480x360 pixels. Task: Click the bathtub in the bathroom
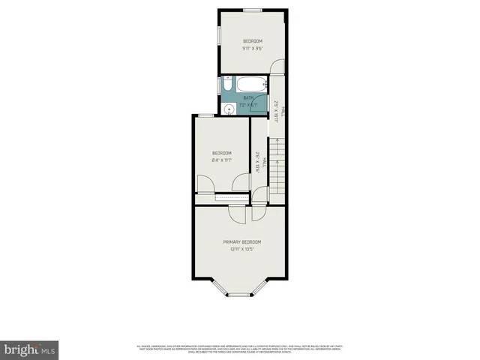tap(250, 83)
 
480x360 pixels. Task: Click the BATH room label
tap(248, 98)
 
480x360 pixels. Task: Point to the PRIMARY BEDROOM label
tap(241, 241)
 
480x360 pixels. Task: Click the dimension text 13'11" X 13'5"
tap(241, 249)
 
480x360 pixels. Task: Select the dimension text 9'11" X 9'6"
tap(252, 49)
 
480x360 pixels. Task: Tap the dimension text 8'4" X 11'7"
tap(221, 160)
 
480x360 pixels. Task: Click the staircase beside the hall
tap(277, 168)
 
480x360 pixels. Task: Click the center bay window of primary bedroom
tap(238, 295)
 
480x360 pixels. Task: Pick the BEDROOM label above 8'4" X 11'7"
tap(221, 153)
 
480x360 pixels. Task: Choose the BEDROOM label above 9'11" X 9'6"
tap(252, 40)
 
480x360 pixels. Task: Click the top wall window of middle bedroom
tap(205, 115)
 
